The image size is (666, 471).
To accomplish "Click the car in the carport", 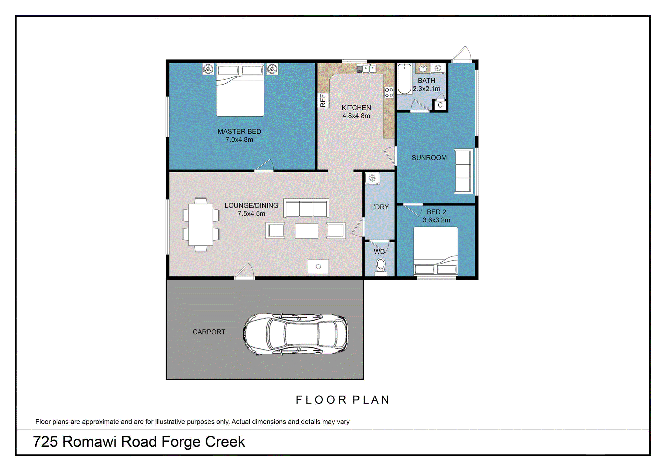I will click(295, 334).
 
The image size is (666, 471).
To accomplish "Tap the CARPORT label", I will click(209, 332).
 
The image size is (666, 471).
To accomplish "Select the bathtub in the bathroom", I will click(405, 79).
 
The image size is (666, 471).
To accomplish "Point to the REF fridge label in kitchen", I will click(323, 100).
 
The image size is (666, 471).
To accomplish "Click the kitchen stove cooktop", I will click(389, 93).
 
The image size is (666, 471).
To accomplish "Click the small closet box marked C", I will click(440, 105).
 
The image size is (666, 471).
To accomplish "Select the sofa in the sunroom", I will click(464, 171).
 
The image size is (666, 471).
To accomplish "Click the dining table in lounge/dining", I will click(200, 225).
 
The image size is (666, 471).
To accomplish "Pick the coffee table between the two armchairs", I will click(306, 231).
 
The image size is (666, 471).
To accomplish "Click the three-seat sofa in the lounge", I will click(306, 208).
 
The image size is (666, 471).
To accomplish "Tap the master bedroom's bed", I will click(240, 92).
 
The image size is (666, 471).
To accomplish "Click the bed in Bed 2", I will click(436, 250).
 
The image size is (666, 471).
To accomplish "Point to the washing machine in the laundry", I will click(372, 178).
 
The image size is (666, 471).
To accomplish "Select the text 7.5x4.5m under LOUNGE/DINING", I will click(251, 214).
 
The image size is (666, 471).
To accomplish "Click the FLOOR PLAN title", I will click(343, 400).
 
